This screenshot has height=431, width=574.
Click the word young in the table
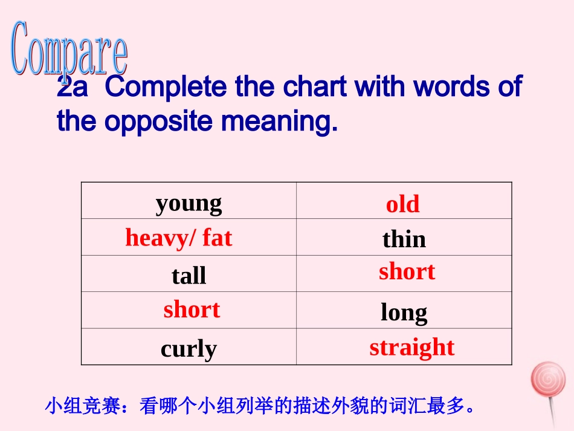[189, 204]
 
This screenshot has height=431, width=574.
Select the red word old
[402, 204]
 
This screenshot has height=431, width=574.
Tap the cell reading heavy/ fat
[178, 238]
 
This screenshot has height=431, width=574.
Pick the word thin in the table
[404, 239]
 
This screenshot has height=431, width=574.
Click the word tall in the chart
[189, 276]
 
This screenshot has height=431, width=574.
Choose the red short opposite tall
[407, 271]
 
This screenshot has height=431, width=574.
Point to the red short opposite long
[191, 309]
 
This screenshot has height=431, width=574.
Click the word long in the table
[404, 313]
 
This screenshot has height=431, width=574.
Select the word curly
[189, 349]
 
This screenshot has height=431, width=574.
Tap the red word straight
[411, 347]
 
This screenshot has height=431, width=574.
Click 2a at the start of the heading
[73, 88]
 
